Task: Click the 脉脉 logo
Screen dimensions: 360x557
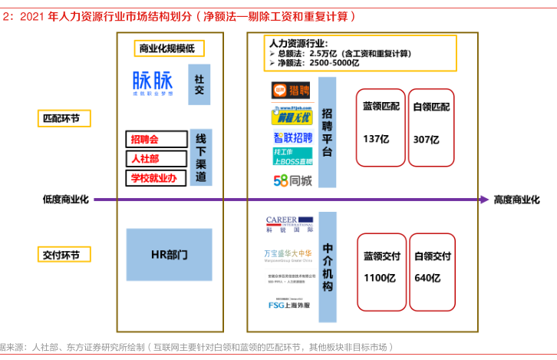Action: (153, 82)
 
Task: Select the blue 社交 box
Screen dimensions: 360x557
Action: (199, 84)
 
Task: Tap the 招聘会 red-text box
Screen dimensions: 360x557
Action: (157, 139)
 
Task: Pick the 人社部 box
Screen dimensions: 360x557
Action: (157, 158)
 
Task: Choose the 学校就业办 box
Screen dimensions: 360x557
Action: (157, 178)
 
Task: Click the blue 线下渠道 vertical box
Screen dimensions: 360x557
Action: (200, 158)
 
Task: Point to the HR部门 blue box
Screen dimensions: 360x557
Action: (169, 254)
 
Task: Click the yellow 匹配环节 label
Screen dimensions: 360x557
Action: (65, 118)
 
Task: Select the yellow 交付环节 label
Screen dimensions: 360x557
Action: (65, 254)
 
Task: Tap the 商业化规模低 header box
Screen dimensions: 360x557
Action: (166, 49)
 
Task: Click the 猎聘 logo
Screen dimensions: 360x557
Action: (291, 91)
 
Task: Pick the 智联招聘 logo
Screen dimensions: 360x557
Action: (292, 138)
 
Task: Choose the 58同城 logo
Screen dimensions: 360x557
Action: (292, 181)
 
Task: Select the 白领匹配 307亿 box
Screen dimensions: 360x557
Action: (431, 126)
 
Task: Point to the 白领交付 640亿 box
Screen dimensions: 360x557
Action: (432, 267)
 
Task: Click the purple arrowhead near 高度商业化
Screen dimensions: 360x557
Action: (484, 200)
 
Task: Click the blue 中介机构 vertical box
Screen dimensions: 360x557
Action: (328, 267)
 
